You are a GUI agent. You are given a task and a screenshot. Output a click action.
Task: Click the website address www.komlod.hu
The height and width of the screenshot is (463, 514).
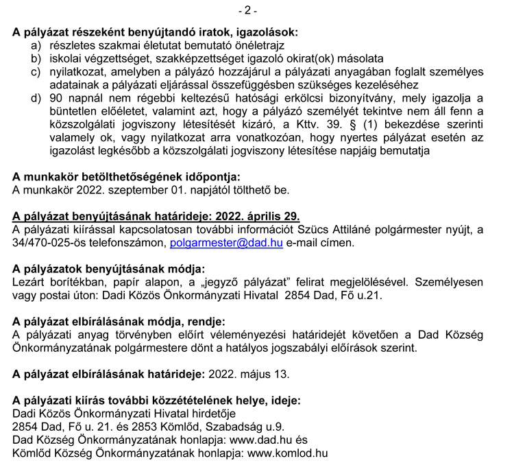coord(287,453)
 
